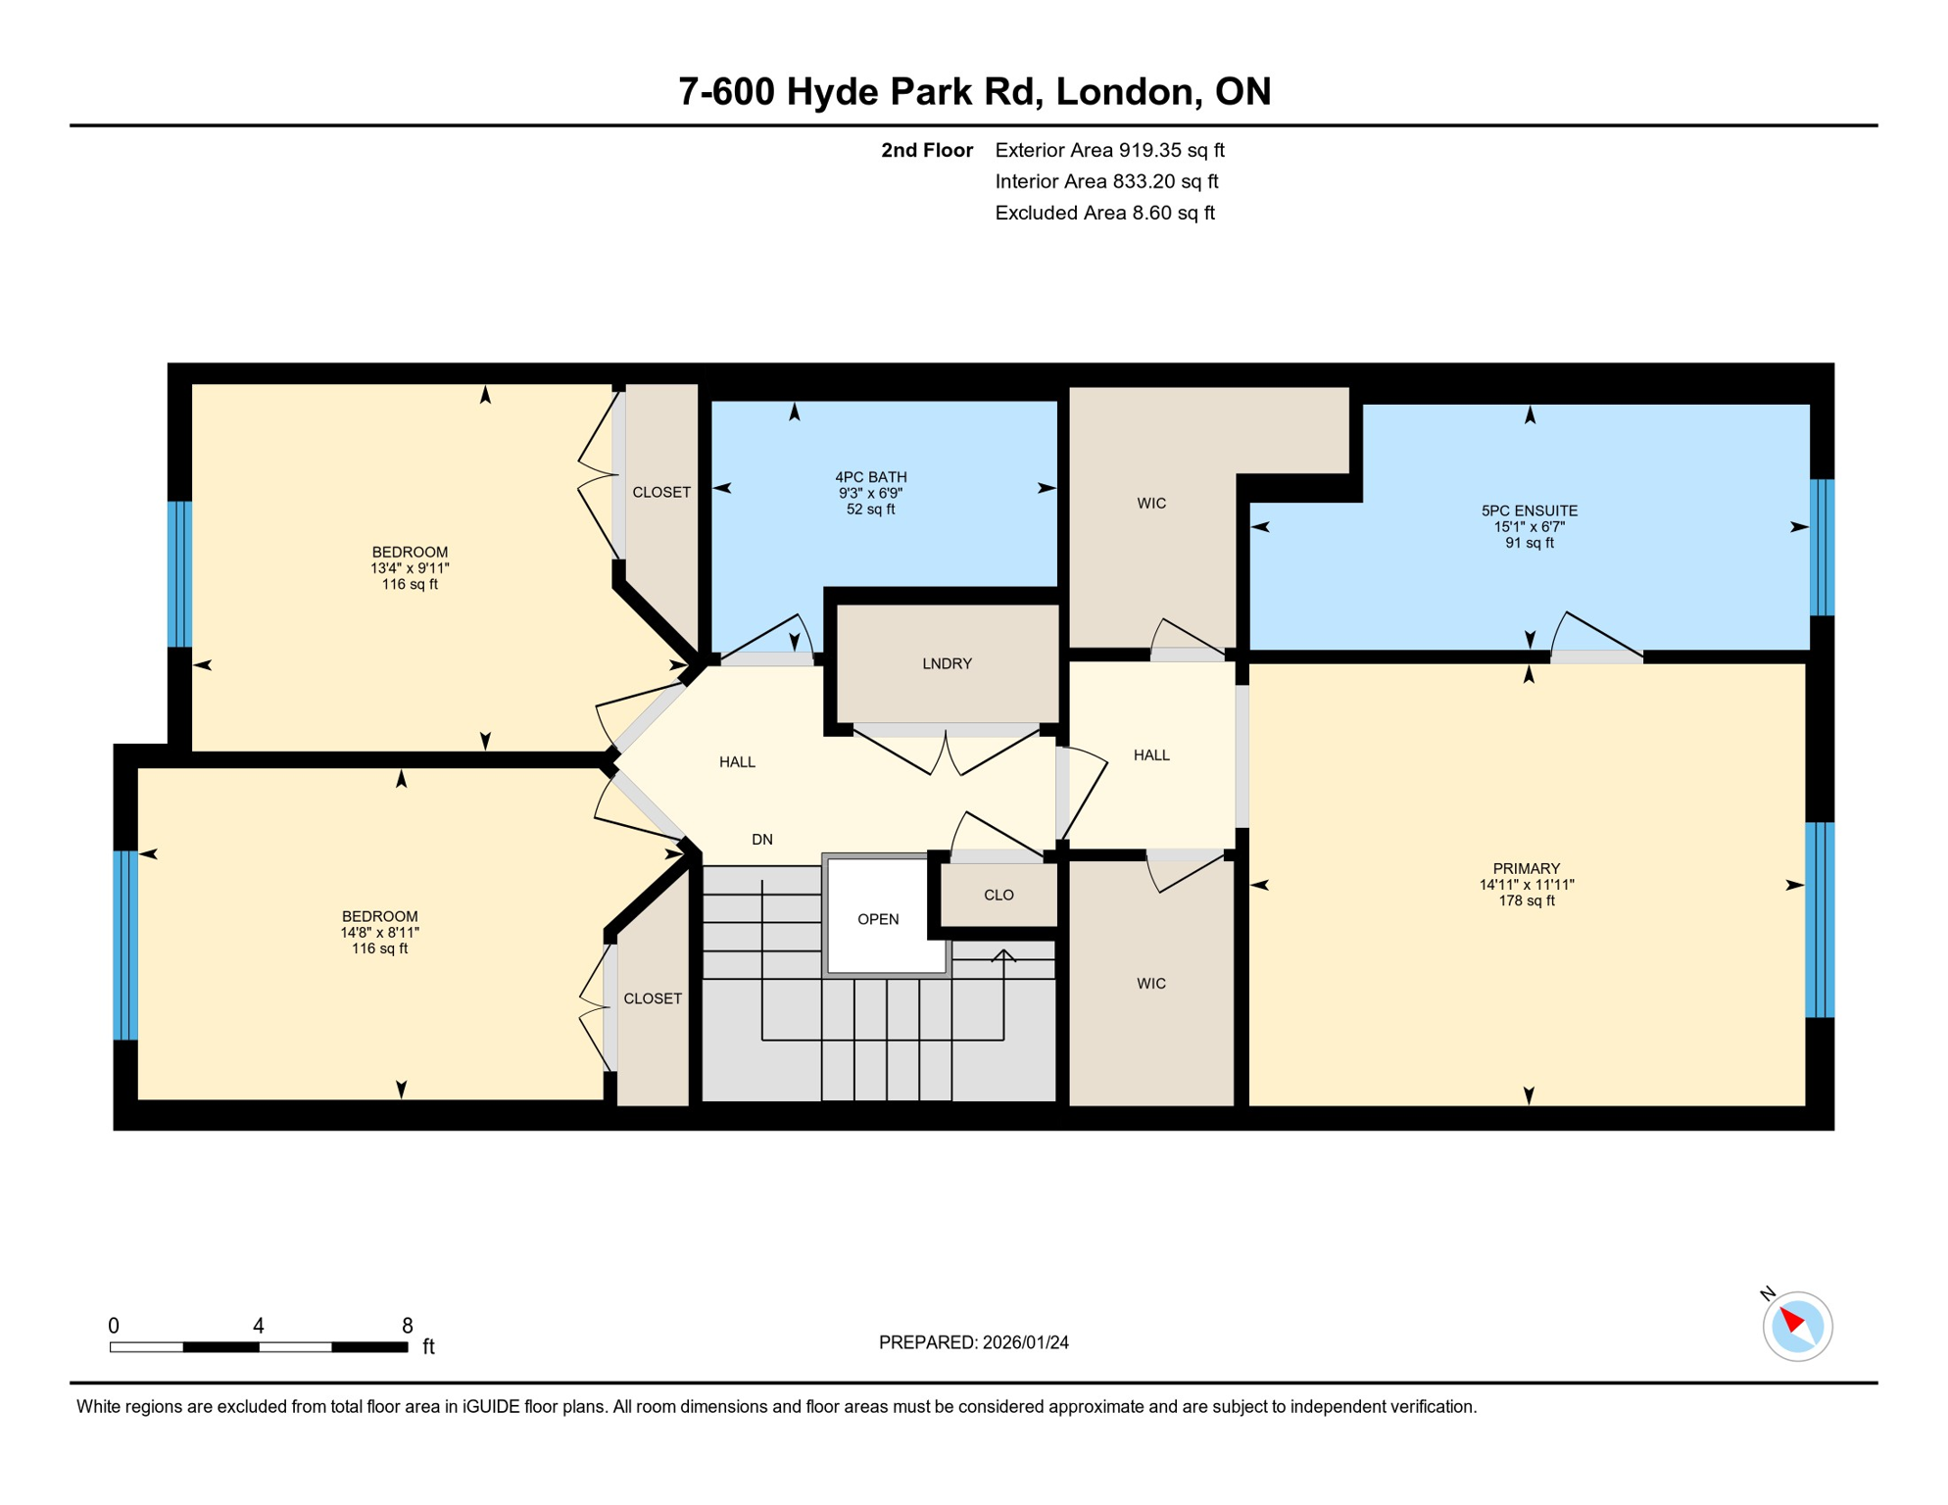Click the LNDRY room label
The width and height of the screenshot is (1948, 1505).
pyautogui.click(x=947, y=664)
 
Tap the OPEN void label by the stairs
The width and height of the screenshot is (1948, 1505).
pyautogui.click(x=878, y=920)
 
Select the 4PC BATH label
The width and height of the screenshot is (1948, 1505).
pyautogui.click(x=870, y=478)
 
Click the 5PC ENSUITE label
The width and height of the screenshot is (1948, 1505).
pyautogui.click(x=1529, y=511)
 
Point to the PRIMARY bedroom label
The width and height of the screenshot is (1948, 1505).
pyautogui.click(x=1526, y=869)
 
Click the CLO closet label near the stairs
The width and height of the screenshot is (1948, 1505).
pyautogui.click(x=998, y=896)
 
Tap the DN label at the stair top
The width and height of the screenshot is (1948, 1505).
pyautogui.click(x=762, y=840)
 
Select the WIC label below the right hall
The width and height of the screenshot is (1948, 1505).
pyautogui.click(x=1151, y=984)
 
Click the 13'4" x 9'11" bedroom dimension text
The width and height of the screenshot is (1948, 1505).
pyautogui.click(x=410, y=568)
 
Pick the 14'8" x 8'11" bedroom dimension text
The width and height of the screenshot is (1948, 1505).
pyautogui.click(x=379, y=933)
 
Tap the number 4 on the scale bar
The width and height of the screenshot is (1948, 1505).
pyautogui.click(x=259, y=1326)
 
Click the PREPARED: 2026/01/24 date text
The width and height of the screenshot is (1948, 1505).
pyautogui.click(x=973, y=1343)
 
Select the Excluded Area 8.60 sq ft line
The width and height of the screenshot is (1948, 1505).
pyautogui.click(x=1104, y=214)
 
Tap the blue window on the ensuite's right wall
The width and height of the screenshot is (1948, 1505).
pyautogui.click(x=1822, y=547)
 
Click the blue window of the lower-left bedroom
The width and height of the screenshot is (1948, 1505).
pyautogui.click(x=125, y=946)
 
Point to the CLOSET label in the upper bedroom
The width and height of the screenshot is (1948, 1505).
pyautogui.click(x=661, y=493)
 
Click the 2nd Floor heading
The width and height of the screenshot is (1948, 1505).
pyautogui.click(x=926, y=151)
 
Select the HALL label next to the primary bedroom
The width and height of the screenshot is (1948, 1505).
pyautogui.click(x=1151, y=755)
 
